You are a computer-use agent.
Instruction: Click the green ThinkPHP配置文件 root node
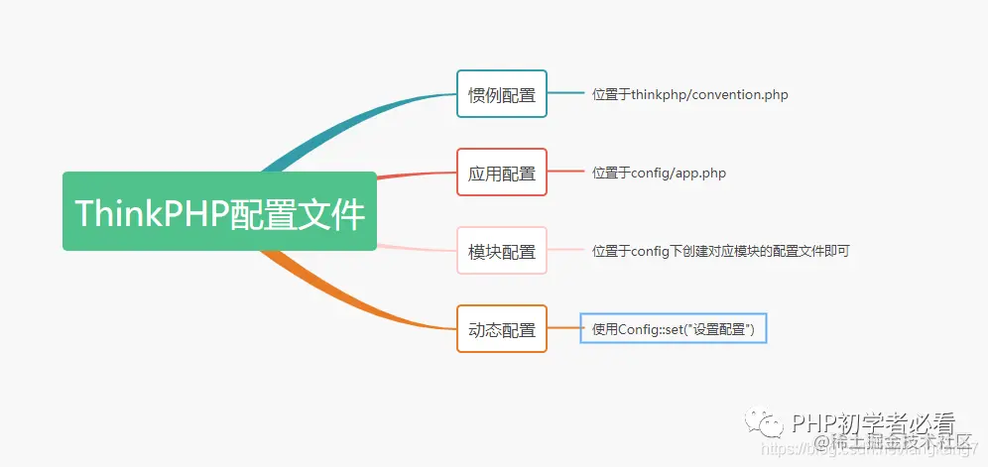click(219, 211)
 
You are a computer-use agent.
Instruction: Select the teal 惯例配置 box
click(501, 95)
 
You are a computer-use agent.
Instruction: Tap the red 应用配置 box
click(501, 174)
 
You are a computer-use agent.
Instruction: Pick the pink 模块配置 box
click(501, 252)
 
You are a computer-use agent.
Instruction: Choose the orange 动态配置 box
click(501, 329)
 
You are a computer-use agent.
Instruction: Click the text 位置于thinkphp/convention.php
click(689, 95)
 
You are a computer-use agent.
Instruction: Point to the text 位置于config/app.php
click(659, 174)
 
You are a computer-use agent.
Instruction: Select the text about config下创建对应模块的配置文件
click(720, 252)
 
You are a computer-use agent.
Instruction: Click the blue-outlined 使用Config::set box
click(674, 328)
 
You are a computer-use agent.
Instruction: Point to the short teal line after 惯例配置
click(565, 93)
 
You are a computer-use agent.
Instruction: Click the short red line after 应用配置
click(565, 172)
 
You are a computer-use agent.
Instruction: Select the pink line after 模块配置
click(565, 250)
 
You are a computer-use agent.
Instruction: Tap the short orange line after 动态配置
click(563, 328)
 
